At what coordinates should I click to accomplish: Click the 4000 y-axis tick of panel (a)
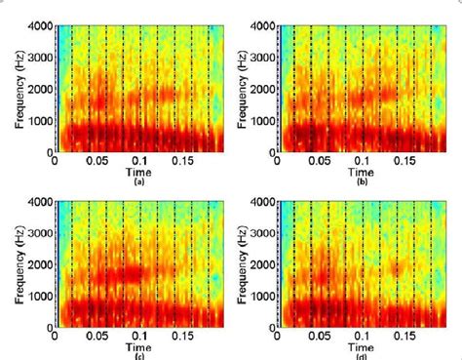tap(39, 28)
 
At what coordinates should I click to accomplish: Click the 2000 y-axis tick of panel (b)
tap(261, 91)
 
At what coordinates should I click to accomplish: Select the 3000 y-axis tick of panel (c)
tap(39, 232)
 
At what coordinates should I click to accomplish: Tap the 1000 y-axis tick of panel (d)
tap(261, 295)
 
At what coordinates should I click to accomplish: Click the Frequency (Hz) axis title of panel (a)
tap(12, 90)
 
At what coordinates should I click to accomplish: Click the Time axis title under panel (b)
tap(362, 173)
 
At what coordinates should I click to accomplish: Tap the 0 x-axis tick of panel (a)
tap(55, 162)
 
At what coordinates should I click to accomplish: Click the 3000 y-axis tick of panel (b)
tap(261, 60)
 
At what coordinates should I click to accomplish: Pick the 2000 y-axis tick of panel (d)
tap(261, 263)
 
